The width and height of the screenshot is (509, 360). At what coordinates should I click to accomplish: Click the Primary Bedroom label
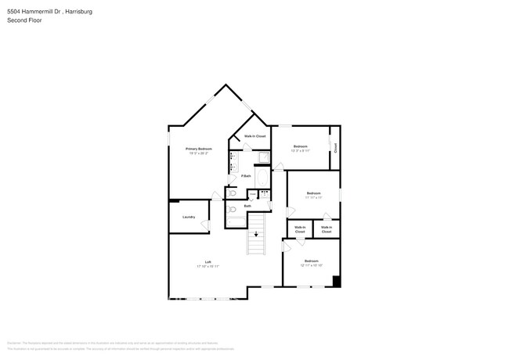tap(199, 149)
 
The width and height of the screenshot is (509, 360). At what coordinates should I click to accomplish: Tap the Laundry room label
tap(188, 217)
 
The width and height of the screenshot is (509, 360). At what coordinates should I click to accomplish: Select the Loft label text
tap(208, 261)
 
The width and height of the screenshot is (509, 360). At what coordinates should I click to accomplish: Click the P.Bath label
tap(246, 176)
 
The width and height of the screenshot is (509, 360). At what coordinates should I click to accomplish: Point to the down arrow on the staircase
tap(256, 234)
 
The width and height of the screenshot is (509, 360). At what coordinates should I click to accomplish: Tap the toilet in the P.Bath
tap(233, 193)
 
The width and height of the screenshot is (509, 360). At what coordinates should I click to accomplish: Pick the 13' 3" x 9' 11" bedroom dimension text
tap(301, 152)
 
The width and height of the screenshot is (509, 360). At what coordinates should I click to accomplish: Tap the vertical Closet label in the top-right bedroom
tap(335, 147)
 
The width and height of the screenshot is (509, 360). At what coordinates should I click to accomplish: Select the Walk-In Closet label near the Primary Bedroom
tap(255, 136)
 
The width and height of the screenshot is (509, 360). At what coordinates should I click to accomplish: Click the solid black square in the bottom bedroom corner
tap(336, 282)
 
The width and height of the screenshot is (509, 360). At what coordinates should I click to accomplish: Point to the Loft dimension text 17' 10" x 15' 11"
tap(208, 267)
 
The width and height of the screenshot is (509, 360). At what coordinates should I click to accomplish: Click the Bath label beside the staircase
tap(247, 206)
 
